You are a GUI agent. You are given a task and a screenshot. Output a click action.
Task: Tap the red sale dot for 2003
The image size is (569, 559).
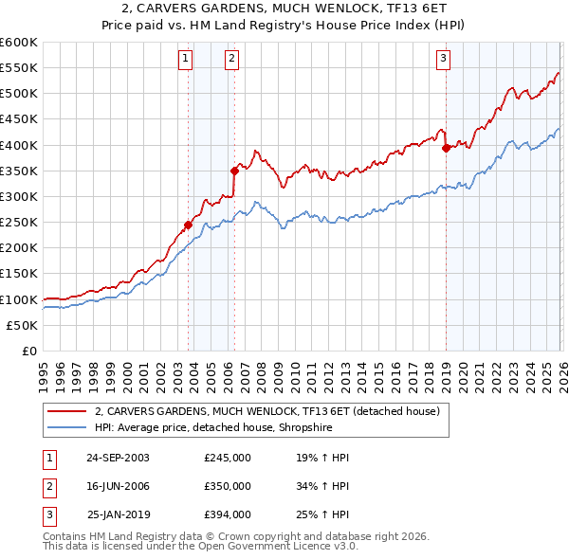pos(188,225)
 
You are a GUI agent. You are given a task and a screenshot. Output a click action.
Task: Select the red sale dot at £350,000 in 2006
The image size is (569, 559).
pos(234,171)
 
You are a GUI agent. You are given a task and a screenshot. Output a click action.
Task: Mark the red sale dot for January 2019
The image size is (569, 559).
pos(446,148)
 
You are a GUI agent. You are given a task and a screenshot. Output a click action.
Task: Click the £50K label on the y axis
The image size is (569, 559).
pos(22,325)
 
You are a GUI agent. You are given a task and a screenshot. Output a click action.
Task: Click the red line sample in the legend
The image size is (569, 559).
pos(66,412)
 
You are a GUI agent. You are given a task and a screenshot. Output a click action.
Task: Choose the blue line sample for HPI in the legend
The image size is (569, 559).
pos(66,428)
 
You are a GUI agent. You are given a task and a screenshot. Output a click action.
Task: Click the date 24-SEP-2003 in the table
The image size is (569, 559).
pos(118,458)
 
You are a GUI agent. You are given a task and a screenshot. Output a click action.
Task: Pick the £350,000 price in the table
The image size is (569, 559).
pos(227,486)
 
